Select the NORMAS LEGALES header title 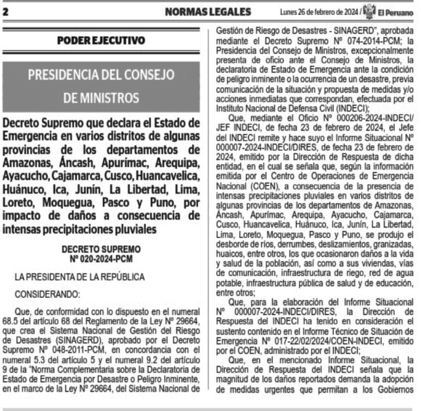click(208, 12)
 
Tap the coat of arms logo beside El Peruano click(369, 12)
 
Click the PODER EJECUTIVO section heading click(101, 40)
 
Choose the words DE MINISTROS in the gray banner click(101, 98)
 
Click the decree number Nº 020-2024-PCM click(101, 259)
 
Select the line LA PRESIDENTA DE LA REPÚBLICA click(80, 277)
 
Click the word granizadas click(393, 244)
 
